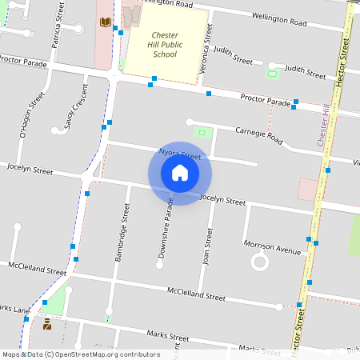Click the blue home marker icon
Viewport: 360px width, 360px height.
pyautogui.click(x=180, y=173)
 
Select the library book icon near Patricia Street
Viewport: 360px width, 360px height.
pyautogui.click(x=105, y=22)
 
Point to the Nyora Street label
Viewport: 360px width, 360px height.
pyautogui.click(x=179, y=154)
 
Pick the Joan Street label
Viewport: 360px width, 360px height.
pyautogui.click(x=208, y=246)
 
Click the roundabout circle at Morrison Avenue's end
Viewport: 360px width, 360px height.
pyautogui.click(x=259, y=262)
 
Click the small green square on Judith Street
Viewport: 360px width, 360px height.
pyautogui.click(x=271, y=74)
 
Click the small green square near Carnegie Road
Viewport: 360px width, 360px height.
pyautogui.click(x=202, y=132)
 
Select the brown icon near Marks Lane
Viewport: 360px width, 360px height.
pyautogui.click(x=46, y=323)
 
